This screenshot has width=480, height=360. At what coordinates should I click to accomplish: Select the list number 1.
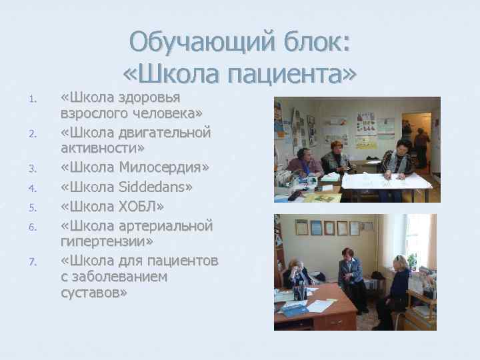(x=32, y=101)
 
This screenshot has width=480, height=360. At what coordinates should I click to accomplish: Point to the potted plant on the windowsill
(x=413, y=261)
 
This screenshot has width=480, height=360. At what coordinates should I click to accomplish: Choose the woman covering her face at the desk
(x=296, y=275)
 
